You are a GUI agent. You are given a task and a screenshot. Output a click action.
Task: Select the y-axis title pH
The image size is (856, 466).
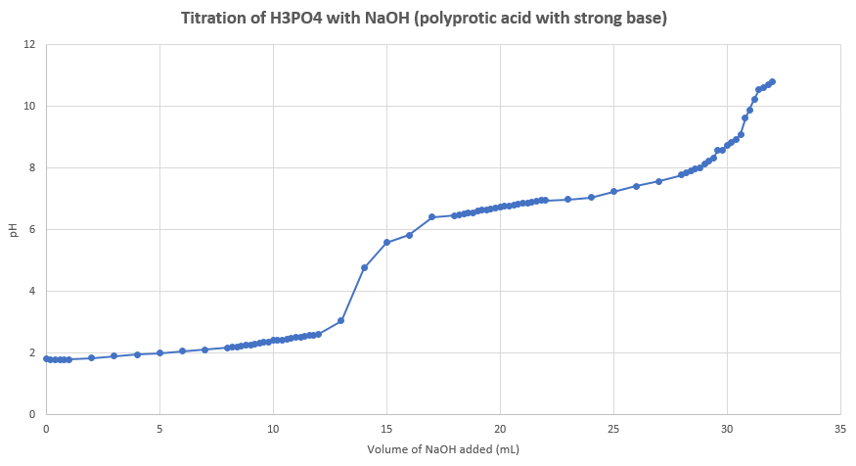[x=13, y=230]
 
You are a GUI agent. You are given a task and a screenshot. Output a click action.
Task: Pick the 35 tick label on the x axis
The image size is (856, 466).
[x=840, y=430]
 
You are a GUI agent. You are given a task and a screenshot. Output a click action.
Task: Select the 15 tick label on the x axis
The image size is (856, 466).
[x=386, y=430]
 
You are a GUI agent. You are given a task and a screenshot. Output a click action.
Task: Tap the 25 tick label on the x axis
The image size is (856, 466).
[x=613, y=430]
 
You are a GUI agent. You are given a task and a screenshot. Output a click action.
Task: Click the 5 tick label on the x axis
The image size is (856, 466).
[x=159, y=430]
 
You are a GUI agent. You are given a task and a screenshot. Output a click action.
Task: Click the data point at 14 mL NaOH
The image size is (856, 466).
[x=364, y=267]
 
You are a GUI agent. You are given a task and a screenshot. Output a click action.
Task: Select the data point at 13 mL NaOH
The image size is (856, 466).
[x=341, y=320]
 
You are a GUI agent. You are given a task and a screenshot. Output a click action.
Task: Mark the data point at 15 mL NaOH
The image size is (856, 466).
[x=386, y=242]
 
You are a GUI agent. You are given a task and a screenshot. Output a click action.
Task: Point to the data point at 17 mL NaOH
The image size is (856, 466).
[x=431, y=217]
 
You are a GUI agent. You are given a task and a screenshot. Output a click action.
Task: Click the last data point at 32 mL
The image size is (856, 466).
[x=772, y=81]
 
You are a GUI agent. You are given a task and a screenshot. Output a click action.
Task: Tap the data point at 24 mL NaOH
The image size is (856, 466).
[x=591, y=197]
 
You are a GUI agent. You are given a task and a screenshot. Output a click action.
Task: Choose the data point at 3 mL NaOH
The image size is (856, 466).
[x=113, y=355]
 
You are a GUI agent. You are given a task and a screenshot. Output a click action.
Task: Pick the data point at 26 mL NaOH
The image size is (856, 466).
[x=636, y=186]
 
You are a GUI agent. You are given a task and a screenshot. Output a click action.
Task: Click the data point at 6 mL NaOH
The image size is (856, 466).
[x=182, y=350]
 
